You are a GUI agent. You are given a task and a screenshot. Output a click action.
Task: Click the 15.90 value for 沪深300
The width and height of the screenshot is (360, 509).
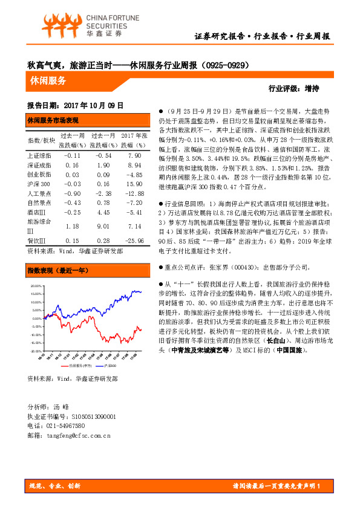click(x=132, y=183)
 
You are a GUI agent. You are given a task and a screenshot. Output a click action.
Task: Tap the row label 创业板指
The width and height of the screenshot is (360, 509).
click(x=39, y=174)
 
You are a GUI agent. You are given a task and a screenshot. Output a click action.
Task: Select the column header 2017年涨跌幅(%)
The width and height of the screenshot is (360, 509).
click(x=133, y=141)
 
